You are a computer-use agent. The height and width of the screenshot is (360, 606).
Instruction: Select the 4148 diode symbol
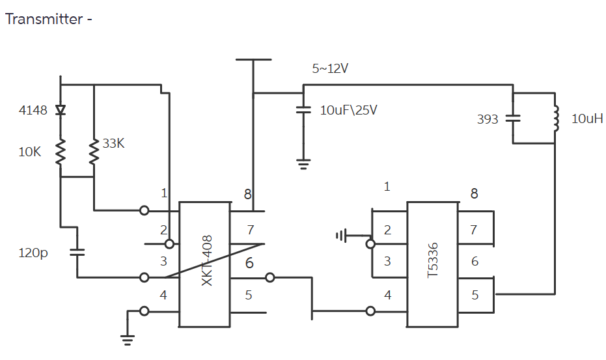[61, 110]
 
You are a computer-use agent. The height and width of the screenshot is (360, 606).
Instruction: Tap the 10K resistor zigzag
[61, 152]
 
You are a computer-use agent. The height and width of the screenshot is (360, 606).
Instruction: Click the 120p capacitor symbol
[77, 251]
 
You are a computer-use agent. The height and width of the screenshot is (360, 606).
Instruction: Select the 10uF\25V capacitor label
[348, 110]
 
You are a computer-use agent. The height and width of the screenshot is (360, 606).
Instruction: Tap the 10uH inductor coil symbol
[556, 118]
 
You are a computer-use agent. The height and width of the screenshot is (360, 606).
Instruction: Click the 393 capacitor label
[488, 119]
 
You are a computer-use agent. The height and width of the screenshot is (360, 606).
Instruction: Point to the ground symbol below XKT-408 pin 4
[128, 338]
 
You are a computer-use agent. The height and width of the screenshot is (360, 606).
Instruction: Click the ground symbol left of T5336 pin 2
[341, 236]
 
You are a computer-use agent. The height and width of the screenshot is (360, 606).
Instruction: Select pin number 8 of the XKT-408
[247, 193]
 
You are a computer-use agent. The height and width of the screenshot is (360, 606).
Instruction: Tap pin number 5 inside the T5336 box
[475, 295]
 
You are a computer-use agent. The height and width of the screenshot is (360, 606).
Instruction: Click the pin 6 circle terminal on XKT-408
[270, 278]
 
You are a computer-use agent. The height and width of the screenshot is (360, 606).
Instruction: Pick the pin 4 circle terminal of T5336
[371, 311]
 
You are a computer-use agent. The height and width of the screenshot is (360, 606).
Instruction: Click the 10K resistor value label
[29, 152]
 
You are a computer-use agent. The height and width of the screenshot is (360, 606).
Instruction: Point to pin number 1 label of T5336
[387, 187]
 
